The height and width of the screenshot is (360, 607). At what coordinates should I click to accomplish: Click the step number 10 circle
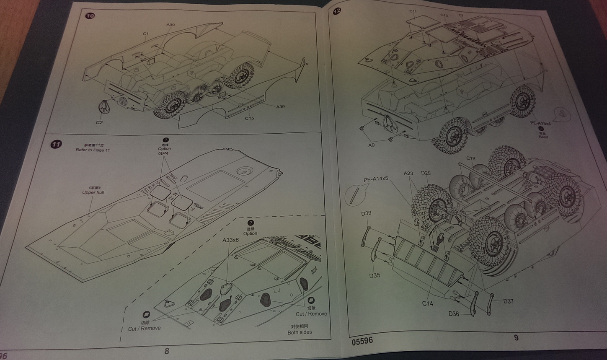[x=90, y=16]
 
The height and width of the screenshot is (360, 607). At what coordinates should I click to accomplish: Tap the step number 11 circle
[x=56, y=144]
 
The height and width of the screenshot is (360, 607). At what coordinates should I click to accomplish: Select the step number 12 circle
[x=337, y=11]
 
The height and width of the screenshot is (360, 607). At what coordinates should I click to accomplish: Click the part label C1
[x=145, y=34]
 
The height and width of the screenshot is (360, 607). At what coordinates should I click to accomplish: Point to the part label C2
[x=99, y=122]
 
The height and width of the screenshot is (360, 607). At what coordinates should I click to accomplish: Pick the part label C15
[x=249, y=118]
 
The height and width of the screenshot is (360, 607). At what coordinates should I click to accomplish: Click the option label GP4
[x=163, y=154]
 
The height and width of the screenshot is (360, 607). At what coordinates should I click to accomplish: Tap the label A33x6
[x=230, y=240]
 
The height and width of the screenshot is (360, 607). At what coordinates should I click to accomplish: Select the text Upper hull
[x=93, y=192]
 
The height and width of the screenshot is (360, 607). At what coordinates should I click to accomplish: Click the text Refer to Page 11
[x=93, y=150]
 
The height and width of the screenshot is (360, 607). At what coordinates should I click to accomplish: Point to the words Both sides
[x=300, y=332]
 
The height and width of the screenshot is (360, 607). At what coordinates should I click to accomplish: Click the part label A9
[x=371, y=145]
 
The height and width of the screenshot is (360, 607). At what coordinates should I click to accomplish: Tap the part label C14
[x=427, y=303]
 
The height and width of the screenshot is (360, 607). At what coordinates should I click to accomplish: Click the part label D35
[x=375, y=275]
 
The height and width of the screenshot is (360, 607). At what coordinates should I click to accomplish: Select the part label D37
[x=508, y=301]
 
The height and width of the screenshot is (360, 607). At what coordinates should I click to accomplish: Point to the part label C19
[x=471, y=158]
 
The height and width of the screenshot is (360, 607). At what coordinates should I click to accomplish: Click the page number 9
[x=516, y=337]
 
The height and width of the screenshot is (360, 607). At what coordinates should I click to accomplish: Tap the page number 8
[x=167, y=351]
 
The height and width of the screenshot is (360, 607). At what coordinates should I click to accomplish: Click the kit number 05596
[x=362, y=341]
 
